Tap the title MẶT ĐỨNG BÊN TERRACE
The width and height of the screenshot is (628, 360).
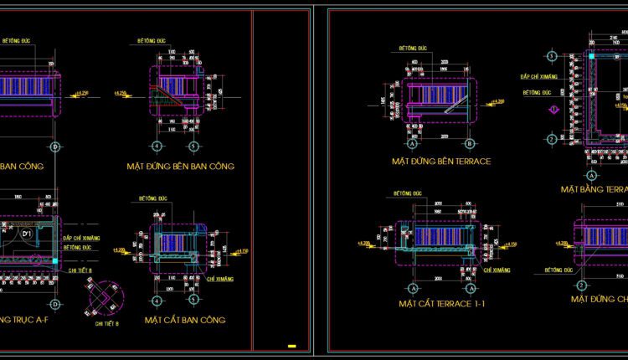coord(440,160)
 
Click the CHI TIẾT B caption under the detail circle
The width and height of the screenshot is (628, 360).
coord(106,322)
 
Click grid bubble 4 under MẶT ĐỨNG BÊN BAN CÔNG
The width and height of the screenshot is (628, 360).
coord(157,147)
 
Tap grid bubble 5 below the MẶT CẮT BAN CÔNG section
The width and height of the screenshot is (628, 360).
coord(193,300)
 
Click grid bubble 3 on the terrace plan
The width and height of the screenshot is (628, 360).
coord(551,56)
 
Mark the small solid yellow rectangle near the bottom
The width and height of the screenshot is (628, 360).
coord(291,345)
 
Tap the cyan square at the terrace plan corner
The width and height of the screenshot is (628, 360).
coord(589,57)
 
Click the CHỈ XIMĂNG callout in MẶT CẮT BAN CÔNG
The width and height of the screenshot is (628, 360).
coord(217,276)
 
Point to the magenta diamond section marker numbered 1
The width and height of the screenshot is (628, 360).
coord(552,109)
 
